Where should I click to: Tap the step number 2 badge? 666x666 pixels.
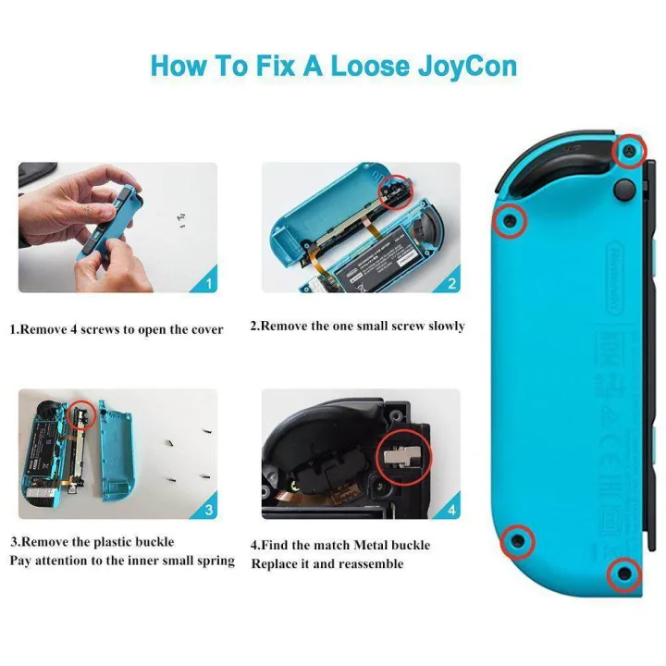click(451, 283)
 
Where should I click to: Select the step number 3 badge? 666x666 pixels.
click(208, 510)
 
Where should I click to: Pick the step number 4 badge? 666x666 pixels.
click(451, 510)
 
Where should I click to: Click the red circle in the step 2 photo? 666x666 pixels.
click(399, 191)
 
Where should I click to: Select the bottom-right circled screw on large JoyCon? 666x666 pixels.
click(624, 574)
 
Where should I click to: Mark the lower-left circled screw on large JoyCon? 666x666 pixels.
click(517, 539)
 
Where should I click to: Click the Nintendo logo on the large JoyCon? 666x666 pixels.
click(613, 277)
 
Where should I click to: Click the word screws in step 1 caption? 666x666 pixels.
click(110, 329)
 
